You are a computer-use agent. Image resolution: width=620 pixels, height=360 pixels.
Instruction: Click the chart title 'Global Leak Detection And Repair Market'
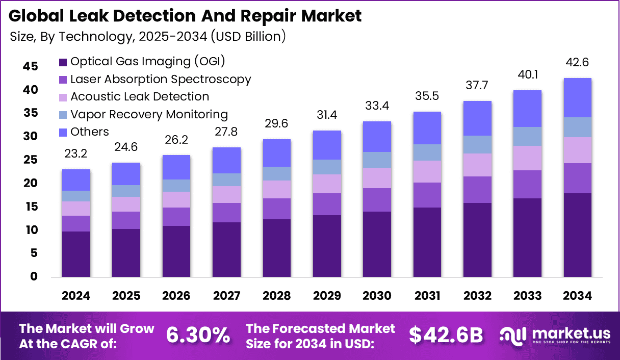click(185, 16)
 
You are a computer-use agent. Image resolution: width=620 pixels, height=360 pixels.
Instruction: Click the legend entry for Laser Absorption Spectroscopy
click(160, 80)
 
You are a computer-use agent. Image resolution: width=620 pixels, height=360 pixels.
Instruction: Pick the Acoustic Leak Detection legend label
click(139, 97)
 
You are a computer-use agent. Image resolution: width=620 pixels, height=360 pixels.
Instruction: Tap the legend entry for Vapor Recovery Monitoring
click(149, 114)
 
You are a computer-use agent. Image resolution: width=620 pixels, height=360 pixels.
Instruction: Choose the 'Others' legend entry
click(89, 132)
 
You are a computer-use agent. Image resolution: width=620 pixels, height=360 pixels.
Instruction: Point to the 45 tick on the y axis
click(30, 66)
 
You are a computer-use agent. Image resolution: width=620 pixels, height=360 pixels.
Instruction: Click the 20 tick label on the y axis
click(30, 183)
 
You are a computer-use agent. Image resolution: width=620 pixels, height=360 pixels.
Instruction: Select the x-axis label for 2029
click(327, 296)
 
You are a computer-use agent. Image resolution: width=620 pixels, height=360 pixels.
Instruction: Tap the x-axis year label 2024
click(76, 296)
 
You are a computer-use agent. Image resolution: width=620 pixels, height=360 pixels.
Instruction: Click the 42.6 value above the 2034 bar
click(578, 63)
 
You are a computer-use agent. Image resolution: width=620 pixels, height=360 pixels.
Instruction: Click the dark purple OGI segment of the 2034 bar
click(578, 235)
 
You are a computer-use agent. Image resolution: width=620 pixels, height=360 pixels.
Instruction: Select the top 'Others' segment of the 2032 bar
click(477, 118)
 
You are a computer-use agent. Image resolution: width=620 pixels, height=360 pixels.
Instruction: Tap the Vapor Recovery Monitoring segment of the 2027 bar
click(226, 179)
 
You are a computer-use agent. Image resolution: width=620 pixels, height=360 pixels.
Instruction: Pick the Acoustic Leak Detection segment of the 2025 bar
click(126, 204)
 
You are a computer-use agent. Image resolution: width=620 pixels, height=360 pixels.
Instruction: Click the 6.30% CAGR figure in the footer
click(198, 336)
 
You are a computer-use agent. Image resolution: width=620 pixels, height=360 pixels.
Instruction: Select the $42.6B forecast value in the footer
click(446, 336)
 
